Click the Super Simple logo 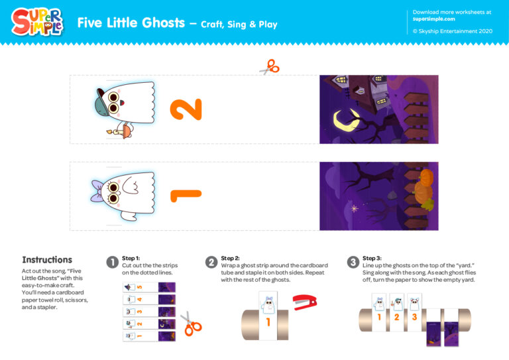pyautogui.click(x=37, y=22)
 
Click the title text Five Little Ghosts pyautogui.click(x=131, y=23)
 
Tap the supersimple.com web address pyautogui.click(x=434, y=19)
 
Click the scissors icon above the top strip pyautogui.click(x=269, y=66)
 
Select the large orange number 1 pyautogui.click(x=185, y=195)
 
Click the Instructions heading pyautogui.click(x=47, y=260)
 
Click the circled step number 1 pyautogui.click(x=113, y=262)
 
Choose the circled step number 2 pyautogui.click(x=211, y=262)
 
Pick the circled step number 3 pyautogui.click(x=353, y=262)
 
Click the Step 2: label pyautogui.click(x=230, y=258)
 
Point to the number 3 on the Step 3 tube pyautogui.click(x=414, y=317)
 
